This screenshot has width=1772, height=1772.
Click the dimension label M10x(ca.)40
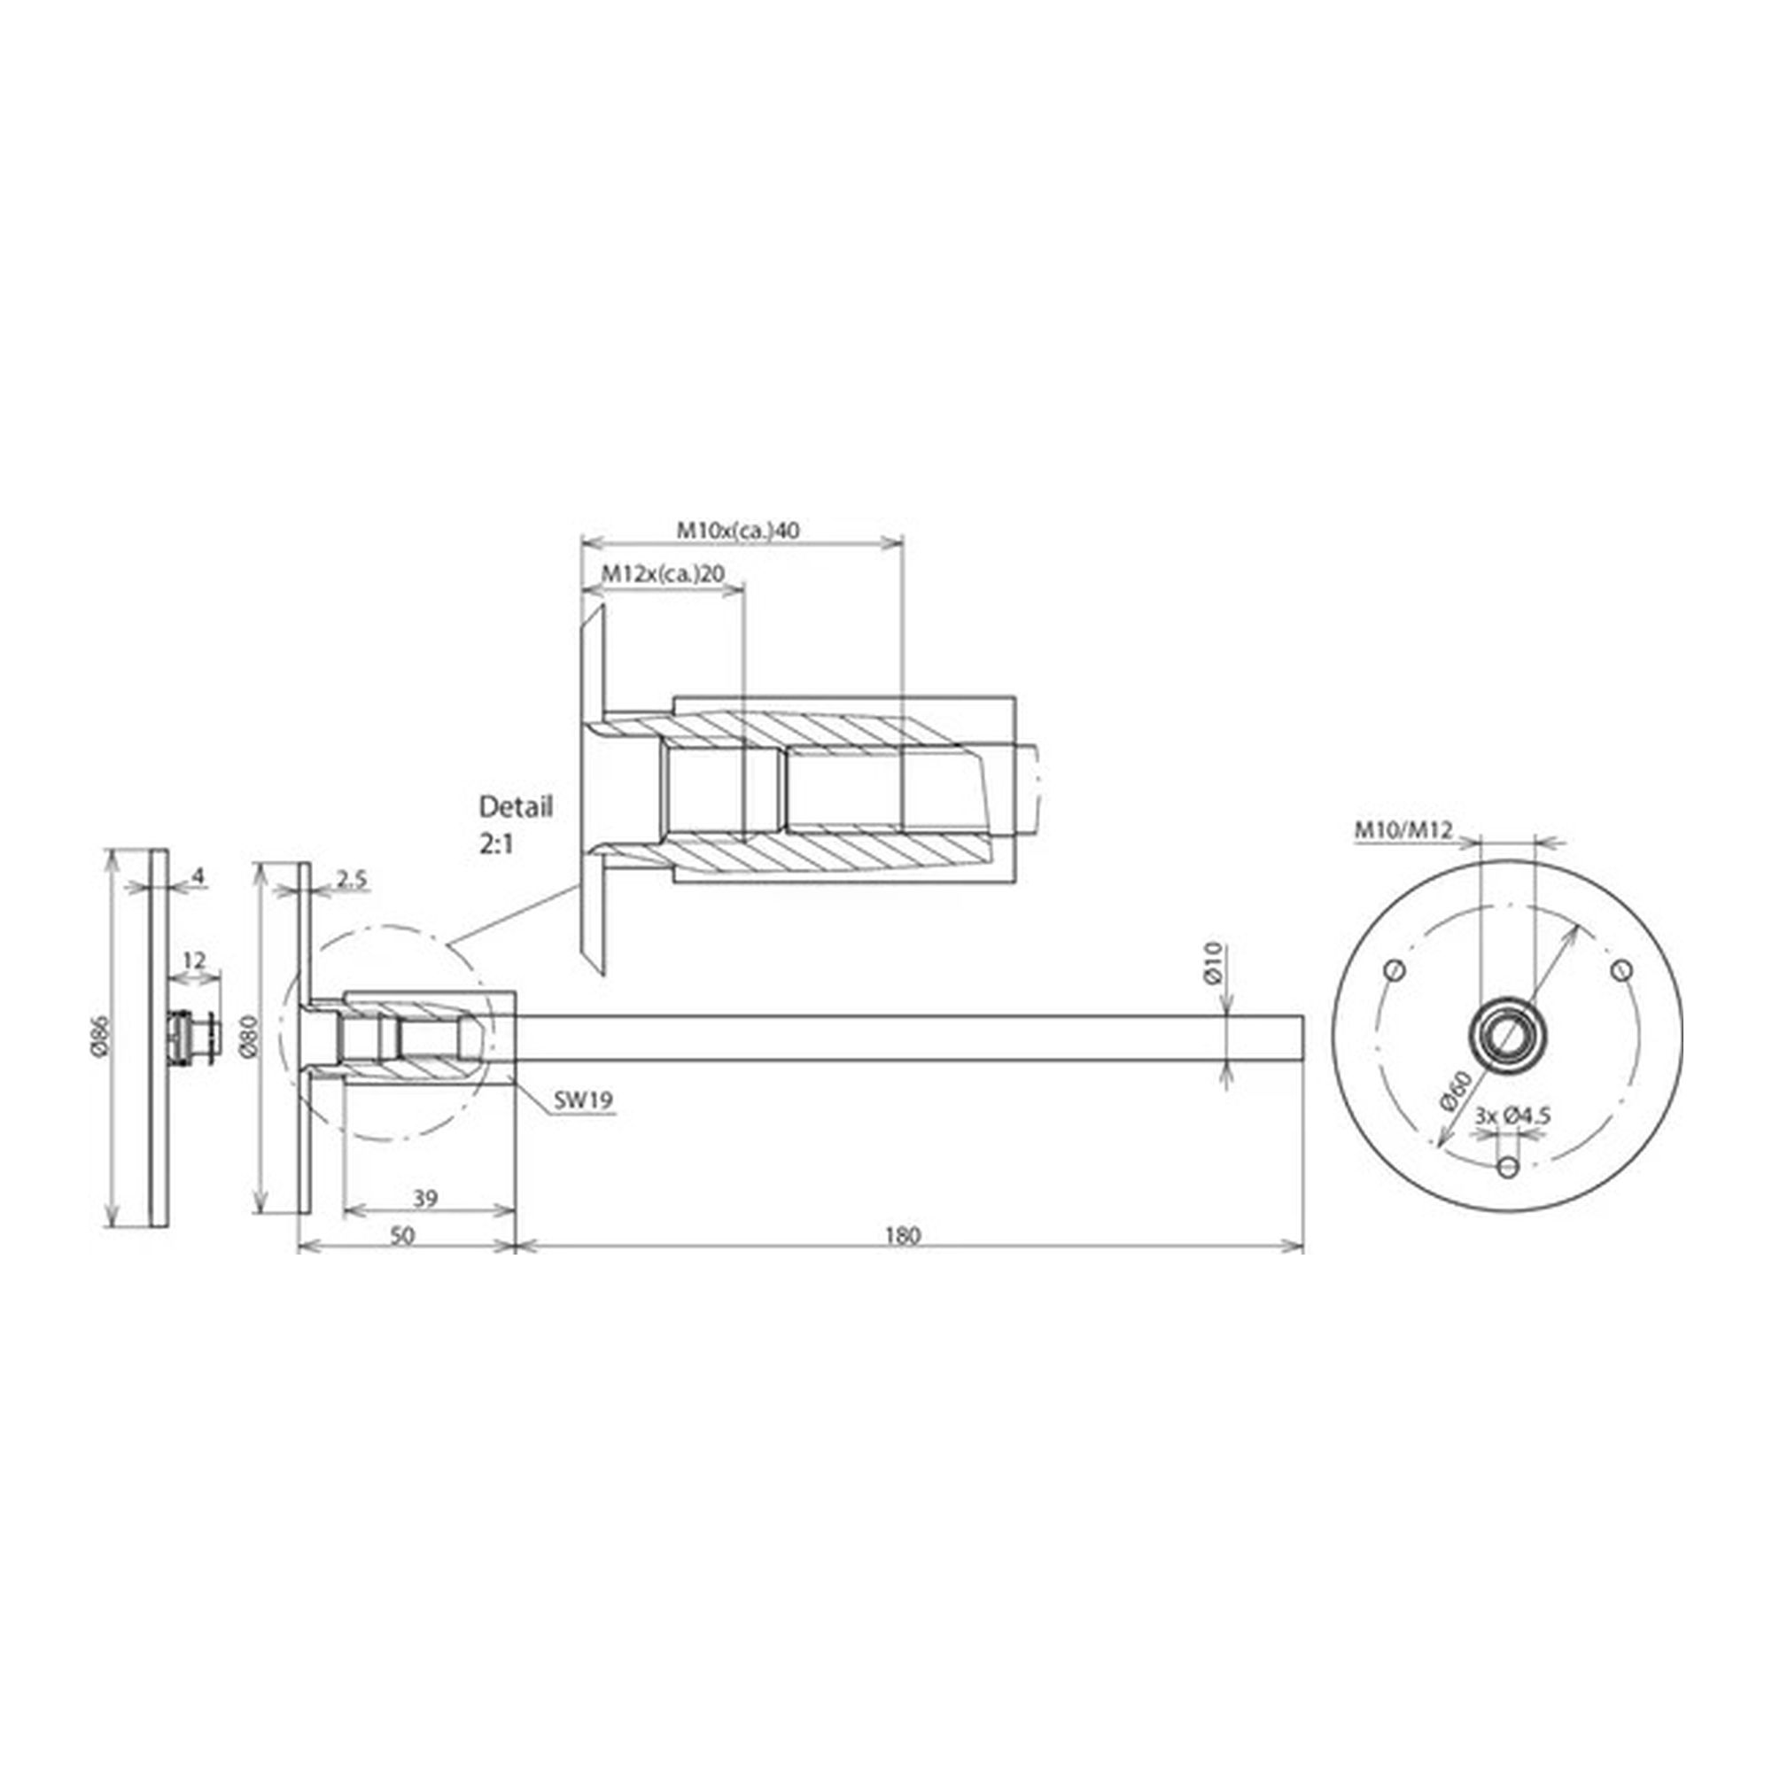(x=737, y=529)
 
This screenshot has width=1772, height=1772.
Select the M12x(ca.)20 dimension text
(x=662, y=574)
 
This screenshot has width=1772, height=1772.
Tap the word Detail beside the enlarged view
(x=517, y=807)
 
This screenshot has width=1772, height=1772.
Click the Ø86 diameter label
(x=99, y=1036)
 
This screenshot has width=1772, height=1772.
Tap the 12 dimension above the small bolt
(x=194, y=960)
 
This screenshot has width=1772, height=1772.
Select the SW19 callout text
(x=583, y=1100)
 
